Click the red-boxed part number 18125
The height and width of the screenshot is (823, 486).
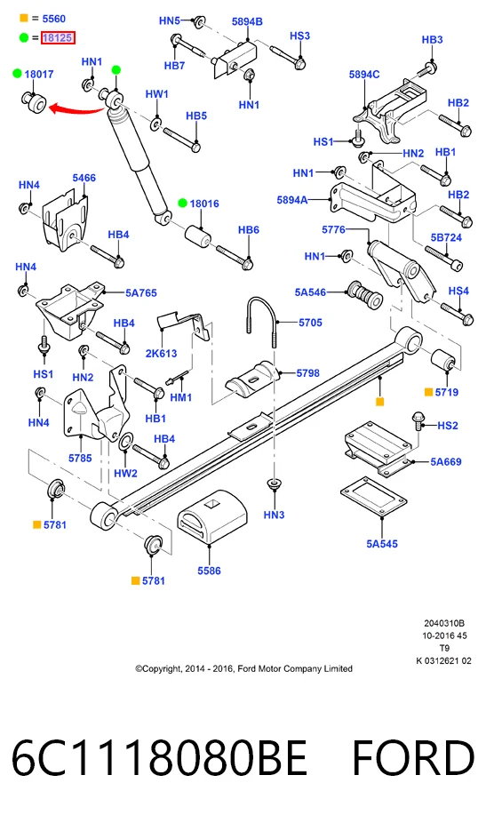point(58,38)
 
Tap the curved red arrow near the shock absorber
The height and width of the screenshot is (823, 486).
point(76,109)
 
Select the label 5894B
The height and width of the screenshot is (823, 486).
point(247,21)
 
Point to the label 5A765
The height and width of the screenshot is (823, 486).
point(140,293)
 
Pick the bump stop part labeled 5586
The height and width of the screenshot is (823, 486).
point(212,518)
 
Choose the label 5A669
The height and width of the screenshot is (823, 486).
point(446,462)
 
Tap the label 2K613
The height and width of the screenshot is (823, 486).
point(161,353)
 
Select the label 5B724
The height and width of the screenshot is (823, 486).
point(446,237)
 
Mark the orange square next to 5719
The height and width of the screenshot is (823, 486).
point(428,392)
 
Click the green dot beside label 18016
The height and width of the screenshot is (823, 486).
point(182,204)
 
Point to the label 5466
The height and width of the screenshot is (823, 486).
point(84,178)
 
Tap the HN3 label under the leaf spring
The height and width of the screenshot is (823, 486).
point(274,515)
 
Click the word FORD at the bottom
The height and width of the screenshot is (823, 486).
point(413,758)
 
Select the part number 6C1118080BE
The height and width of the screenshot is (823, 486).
point(159,758)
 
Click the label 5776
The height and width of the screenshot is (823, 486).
point(333,229)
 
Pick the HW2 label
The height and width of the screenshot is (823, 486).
point(125,473)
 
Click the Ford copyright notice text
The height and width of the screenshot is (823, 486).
point(243,668)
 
